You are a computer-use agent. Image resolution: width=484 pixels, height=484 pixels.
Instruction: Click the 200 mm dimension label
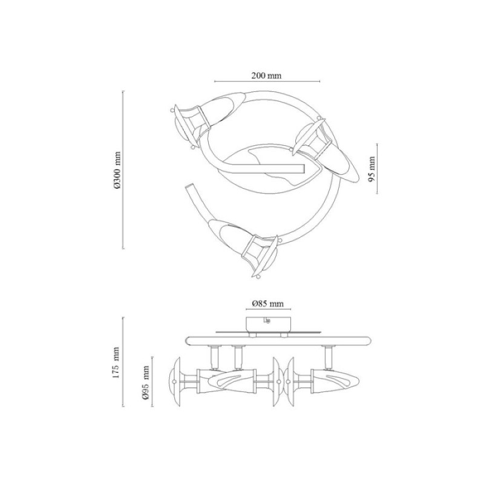(266, 75)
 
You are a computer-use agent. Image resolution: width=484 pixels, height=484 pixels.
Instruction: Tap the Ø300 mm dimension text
(117, 170)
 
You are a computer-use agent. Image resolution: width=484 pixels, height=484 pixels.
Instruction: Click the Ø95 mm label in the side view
(146, 382)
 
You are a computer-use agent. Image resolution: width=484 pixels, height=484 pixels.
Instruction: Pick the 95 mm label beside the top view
(372, 169)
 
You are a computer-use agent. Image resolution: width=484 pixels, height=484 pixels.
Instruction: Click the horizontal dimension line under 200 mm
(267, 82)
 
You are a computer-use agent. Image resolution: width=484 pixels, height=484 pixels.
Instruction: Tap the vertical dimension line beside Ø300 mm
(123, 169)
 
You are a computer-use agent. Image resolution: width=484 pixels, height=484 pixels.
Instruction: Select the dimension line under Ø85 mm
(268, 309)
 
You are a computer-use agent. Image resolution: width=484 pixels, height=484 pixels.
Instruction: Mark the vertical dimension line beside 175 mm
(123, 362)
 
